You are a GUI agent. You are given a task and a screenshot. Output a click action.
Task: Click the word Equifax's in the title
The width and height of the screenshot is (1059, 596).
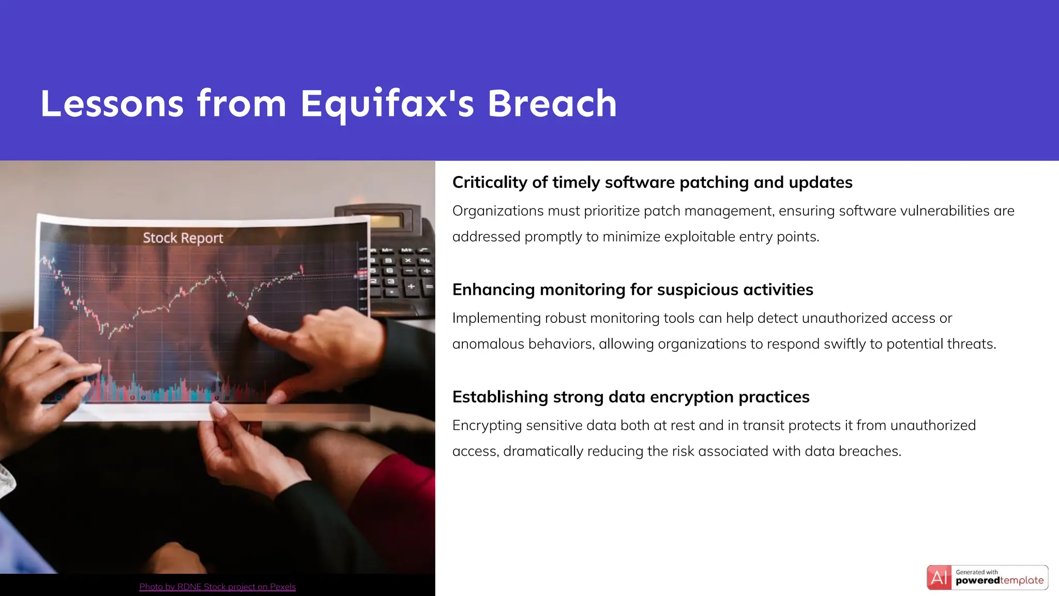[387, 103]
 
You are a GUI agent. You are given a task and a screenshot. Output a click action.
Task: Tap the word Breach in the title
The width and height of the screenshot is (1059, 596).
[552, 103]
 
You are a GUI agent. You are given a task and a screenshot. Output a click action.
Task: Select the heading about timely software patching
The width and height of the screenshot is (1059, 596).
[652, 182]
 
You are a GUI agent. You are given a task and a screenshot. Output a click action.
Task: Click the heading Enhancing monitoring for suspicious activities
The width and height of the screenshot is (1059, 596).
[632, 290]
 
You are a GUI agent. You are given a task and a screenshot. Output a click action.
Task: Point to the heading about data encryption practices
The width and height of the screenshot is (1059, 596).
[630, 397]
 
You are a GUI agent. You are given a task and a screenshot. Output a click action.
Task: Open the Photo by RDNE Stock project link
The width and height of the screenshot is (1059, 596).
[217, 587]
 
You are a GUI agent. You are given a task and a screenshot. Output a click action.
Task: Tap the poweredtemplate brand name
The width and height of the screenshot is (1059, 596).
[999, 580]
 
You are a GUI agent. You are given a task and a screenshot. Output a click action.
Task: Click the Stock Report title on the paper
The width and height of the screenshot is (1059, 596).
[183, 238]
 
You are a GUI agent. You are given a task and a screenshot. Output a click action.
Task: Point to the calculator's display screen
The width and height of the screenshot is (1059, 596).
[384, 221]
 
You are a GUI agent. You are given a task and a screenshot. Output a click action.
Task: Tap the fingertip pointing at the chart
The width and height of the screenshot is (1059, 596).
[252, 320]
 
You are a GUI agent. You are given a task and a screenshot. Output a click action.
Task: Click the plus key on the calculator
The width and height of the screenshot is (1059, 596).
[412, 286]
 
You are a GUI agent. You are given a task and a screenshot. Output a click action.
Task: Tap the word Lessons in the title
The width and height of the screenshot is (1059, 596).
[112, 103]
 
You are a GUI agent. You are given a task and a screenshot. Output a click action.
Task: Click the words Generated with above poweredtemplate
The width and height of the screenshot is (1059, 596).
[976, 572]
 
